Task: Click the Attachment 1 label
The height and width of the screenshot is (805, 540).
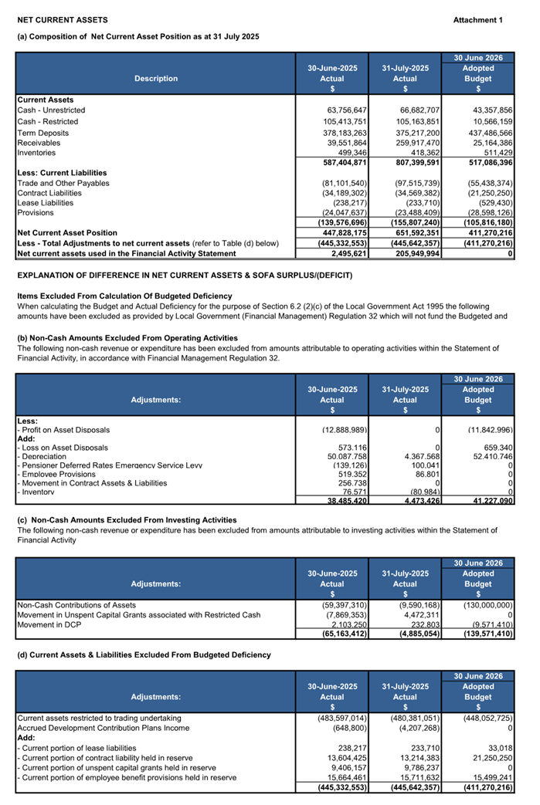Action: click(477, 19)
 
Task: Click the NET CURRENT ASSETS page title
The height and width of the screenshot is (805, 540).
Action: click(63, 19)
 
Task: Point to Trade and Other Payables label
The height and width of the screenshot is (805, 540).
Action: click(63, 183)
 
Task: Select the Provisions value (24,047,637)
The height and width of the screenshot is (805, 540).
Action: click(341, 212)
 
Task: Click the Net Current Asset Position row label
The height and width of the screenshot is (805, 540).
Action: click(67, 232)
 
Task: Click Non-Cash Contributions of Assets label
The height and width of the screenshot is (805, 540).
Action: click(77, 604)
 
